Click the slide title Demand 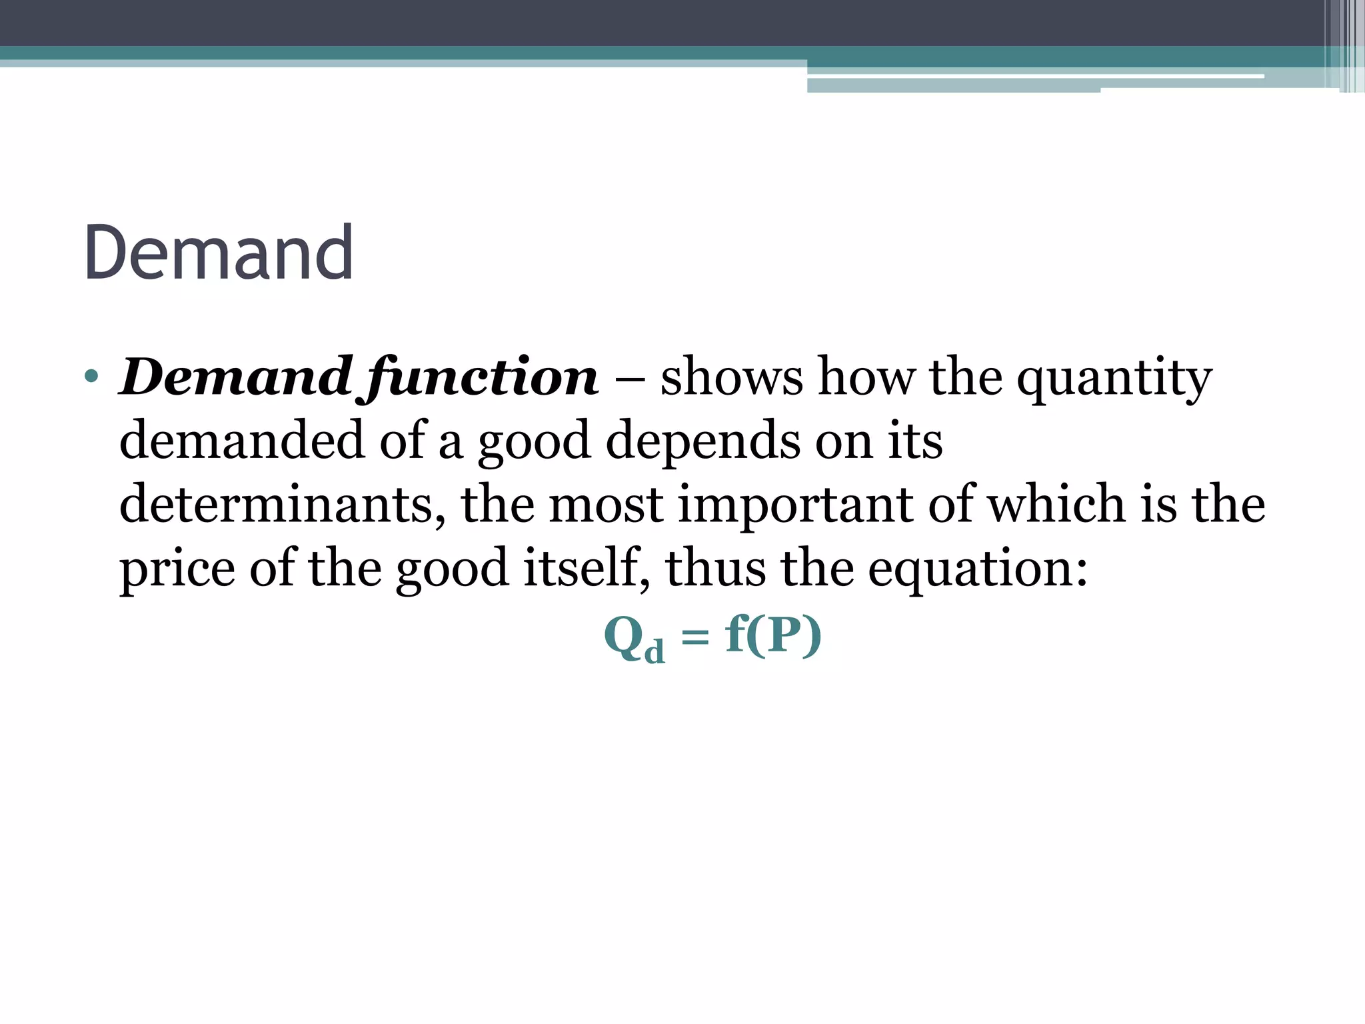coord(218,254)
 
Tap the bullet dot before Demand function coord(92,377)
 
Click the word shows coord(731,377)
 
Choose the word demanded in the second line coord(242,441)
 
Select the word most coord(605,505)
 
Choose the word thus coord(715,567)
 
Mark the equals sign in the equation coord(695,638)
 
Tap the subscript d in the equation coord(655,650)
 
